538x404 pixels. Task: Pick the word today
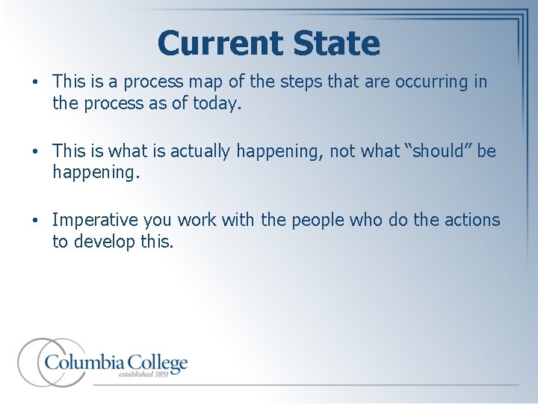217,103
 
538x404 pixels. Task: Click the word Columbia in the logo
84,363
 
